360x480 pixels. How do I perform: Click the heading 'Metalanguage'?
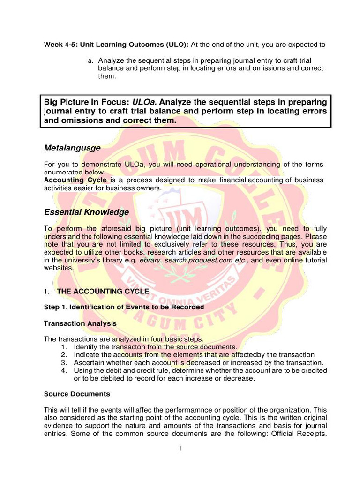coord(72,148)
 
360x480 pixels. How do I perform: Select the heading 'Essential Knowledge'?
coord(86,212)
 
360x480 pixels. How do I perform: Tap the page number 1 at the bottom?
coord(180,449)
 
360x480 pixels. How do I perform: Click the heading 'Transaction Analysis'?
coord(80,323)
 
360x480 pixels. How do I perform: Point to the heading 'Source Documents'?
coord(77,394)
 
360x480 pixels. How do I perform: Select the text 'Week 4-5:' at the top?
coord(61,45)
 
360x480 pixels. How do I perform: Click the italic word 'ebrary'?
coord(150,260)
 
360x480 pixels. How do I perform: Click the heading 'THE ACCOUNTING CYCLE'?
coord(103,291)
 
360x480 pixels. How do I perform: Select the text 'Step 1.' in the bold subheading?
coord(56,307)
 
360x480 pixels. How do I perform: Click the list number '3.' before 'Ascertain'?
coord(64,363)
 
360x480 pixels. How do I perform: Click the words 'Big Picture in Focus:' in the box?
coord(87,102)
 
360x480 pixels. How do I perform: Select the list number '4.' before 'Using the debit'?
coord(64,370)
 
